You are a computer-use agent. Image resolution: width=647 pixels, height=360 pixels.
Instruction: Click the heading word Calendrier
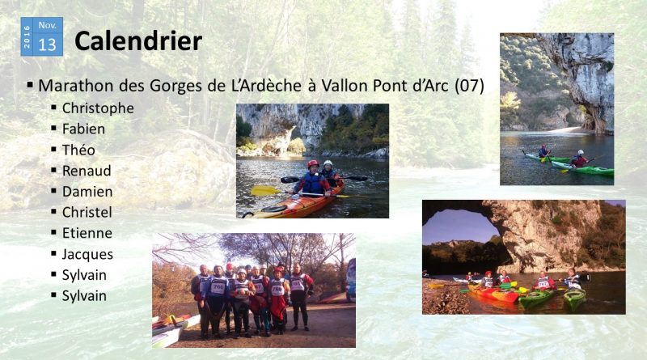138,41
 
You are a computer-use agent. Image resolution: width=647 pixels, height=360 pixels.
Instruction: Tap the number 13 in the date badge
47,44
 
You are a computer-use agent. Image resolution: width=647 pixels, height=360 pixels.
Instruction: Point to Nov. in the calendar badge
48,26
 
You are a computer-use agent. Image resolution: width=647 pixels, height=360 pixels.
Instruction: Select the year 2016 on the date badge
27,36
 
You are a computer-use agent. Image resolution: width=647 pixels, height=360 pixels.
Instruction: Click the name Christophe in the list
98,108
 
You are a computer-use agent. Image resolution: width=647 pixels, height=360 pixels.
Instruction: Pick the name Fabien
83,129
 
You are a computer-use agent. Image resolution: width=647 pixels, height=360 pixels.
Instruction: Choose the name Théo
78,150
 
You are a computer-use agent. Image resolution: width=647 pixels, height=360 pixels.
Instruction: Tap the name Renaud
87,171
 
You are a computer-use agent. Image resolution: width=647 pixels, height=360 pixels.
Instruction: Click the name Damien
87,192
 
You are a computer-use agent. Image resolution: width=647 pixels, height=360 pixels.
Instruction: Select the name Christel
87,212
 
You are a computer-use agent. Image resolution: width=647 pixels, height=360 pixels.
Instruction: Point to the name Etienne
87,233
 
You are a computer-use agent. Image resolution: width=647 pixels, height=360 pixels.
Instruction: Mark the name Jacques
87,254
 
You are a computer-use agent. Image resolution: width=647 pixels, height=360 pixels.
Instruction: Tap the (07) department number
469,86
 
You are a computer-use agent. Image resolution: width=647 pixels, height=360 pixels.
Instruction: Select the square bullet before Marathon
30,85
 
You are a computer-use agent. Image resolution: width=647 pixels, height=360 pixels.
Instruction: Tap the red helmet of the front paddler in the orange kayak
313,164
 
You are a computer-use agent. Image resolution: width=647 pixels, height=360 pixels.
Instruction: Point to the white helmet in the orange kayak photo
328,163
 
